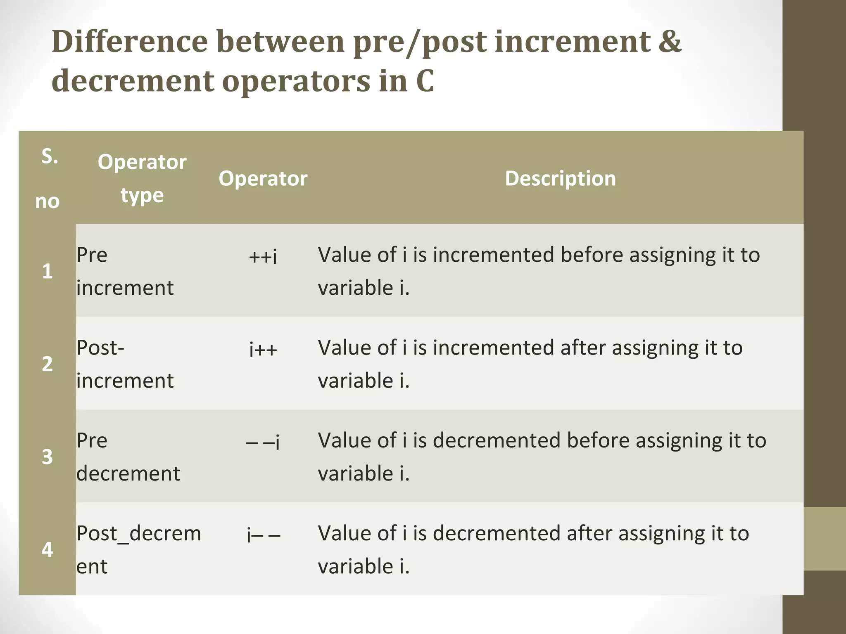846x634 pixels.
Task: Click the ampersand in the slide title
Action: [670, 42]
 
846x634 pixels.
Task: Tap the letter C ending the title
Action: [425, 81]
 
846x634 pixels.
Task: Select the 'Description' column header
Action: [560, 178]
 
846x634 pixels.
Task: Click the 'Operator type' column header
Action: [142, 178]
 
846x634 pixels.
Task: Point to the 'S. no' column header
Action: [48, 178]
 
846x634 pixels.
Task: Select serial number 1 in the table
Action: [48, 271]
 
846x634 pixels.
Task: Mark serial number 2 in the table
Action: [48, 364]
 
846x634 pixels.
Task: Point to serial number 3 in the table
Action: [48, 457]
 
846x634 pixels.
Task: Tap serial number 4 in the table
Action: [48, 550]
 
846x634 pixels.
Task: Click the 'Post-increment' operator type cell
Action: [125, 364]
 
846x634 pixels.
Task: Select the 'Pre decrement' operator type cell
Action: [128, 457]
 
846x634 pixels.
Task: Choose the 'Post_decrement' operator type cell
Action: [138, 549]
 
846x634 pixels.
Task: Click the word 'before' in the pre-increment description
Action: [592, 255]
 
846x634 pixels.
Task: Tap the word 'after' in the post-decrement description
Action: [589, 533]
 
